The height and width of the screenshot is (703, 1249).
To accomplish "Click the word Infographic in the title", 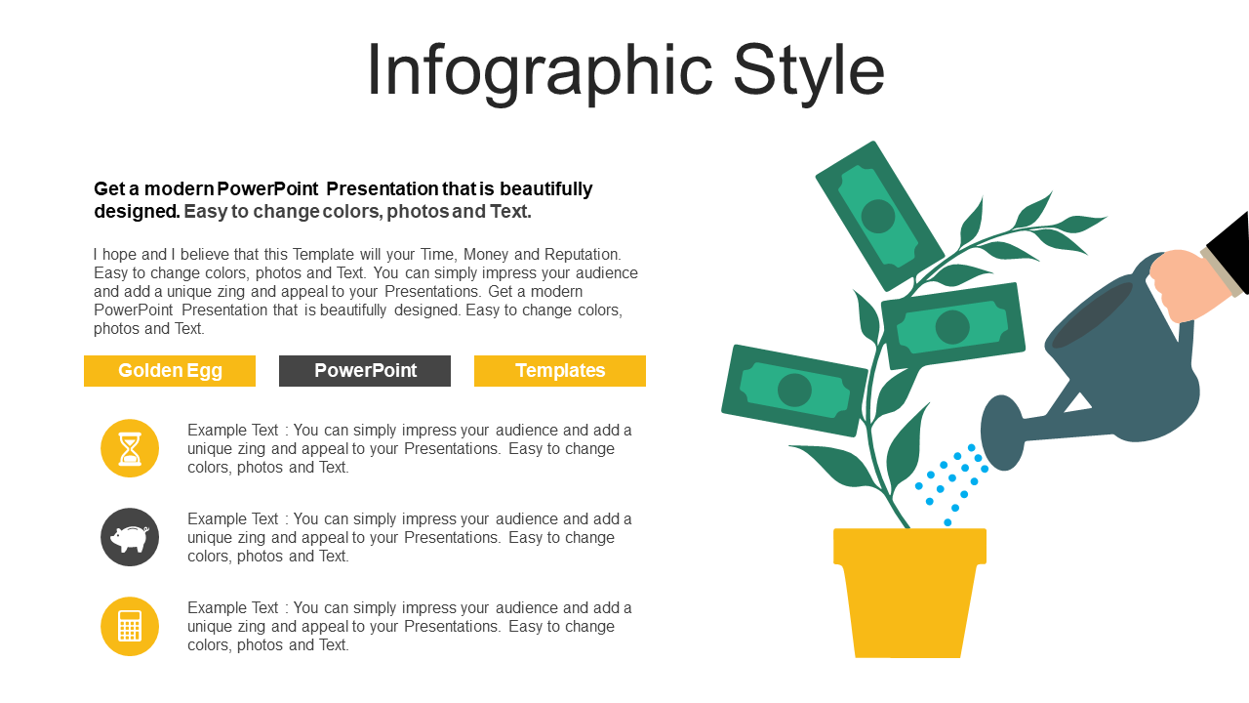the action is click(540, 72).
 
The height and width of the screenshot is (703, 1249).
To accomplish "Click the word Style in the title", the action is click(809, 72).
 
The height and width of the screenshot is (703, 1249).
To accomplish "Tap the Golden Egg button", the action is click(170, 370).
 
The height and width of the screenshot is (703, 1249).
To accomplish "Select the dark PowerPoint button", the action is click(365, 370).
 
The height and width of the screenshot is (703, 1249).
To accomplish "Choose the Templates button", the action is click(560, 370).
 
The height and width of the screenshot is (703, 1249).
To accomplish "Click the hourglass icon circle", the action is click(130, 448).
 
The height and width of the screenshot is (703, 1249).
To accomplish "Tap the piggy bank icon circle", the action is click(130, 537).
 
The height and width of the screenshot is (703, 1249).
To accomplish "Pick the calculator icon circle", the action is click(130, 626).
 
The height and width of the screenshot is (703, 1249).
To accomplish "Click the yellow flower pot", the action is click(909, 593).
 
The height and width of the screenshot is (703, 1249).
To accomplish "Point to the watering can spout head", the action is click(1002, 433).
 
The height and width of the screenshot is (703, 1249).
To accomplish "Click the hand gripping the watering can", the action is click(1188, 283).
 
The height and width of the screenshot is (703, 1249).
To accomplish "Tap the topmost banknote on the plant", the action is click(879, 216).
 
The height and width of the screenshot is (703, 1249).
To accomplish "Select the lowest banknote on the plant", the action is click(794, 390).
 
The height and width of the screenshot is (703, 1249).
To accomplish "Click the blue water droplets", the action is click(951, 484).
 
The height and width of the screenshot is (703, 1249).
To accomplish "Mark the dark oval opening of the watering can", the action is click(1092, 315).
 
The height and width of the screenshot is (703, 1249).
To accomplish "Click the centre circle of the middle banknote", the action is click(952, 327).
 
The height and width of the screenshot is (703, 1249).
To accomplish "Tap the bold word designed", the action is click(137, 212).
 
